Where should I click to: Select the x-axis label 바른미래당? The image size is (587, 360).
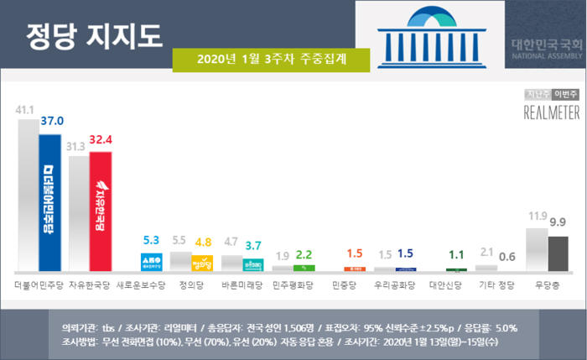pos(240,284)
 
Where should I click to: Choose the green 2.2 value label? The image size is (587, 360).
pos(304,254)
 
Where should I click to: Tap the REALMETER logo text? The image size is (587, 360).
pos(551,113)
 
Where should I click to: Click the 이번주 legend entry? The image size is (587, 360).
pos(565,94)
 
